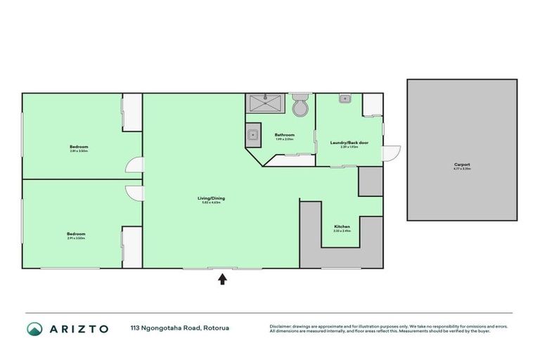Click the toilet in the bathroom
(x=300, y=106)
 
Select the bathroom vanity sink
(x=252, y=134)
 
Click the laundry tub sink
(x=345, y=99)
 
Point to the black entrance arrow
(x=222, y=279)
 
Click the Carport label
(x=461, y=165)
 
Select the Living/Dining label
(x=211, y=198)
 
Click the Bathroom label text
(x=284, y=134)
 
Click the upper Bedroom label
(x=79, y=146)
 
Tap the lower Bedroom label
(x=76, y=233)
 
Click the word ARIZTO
(x=78, y=328)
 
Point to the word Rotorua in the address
(x=217, y=328)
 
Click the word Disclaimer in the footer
(x=281, y=326)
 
